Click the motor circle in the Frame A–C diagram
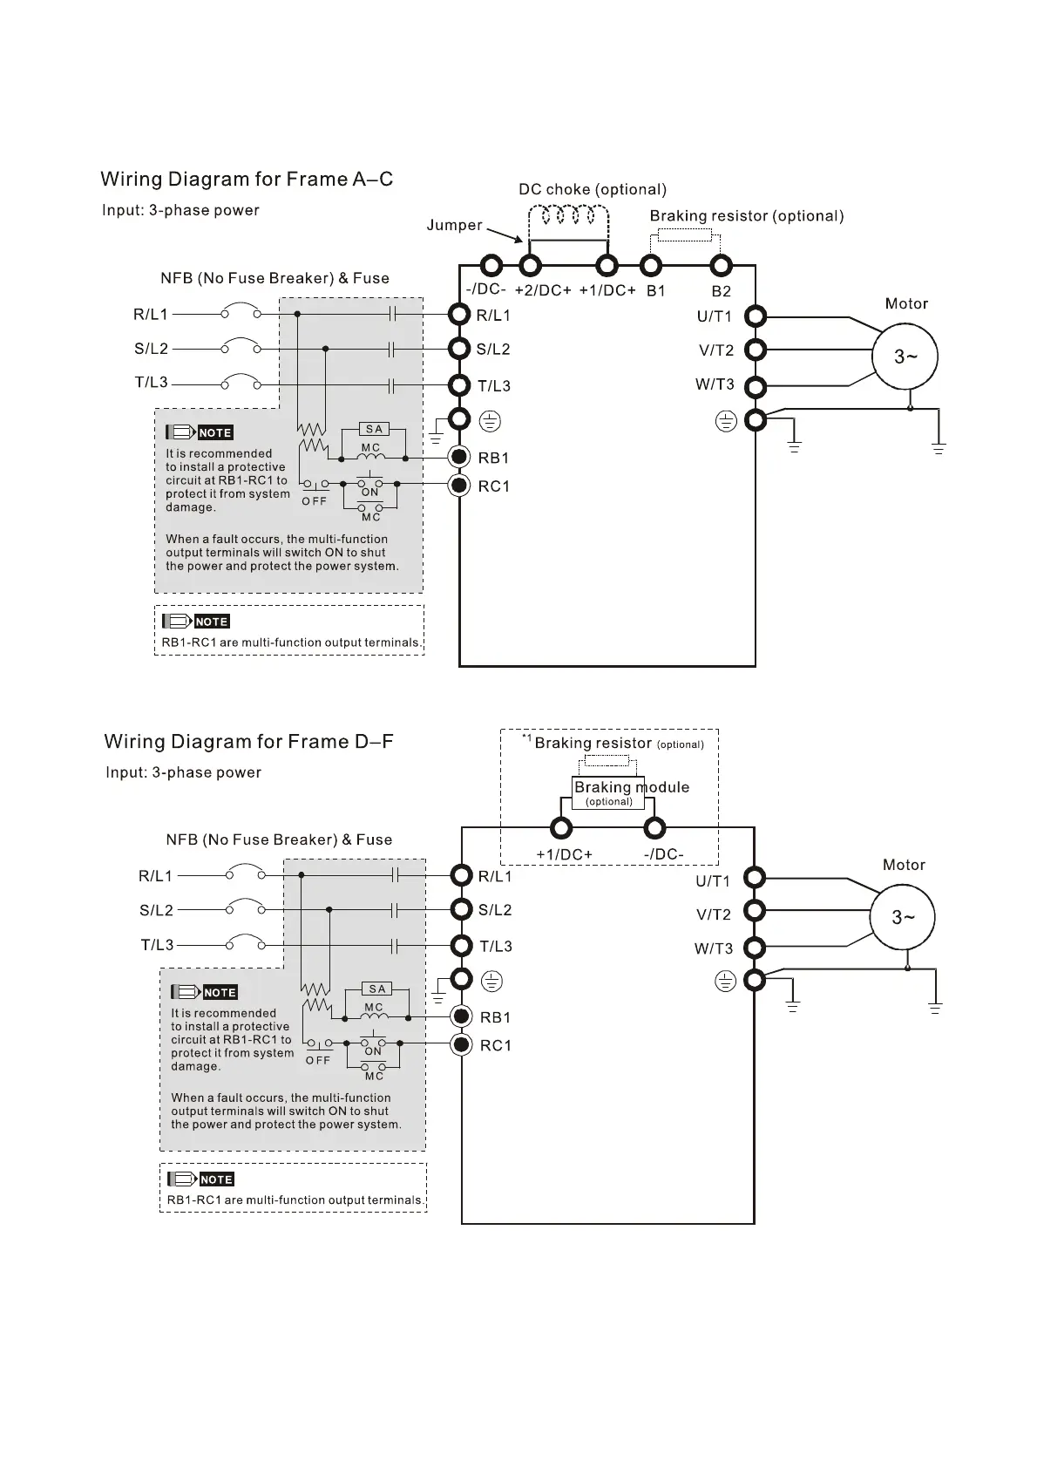click(905, 356)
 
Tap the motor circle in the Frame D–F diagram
click(903, 917)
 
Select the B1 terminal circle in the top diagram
click(650, 265)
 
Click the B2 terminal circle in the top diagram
click(719, 265)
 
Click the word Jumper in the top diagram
click(454, 225)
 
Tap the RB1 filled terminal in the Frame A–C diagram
click(460, 457)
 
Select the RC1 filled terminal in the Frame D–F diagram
click(462, 1044)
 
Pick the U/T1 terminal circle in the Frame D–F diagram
click(755, 877)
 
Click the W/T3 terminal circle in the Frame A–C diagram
click(756, 385)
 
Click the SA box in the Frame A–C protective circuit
click(374, 429)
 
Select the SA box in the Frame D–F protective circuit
click(377, 989)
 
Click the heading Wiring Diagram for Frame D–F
click(248, 742)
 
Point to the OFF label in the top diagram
click(315, 501)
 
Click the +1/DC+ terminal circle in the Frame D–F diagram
click(561, 827)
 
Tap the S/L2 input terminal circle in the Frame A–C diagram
click(460, 349)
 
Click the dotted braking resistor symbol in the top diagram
click(684, 234)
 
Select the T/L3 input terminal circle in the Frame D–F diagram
click(462, 946)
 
